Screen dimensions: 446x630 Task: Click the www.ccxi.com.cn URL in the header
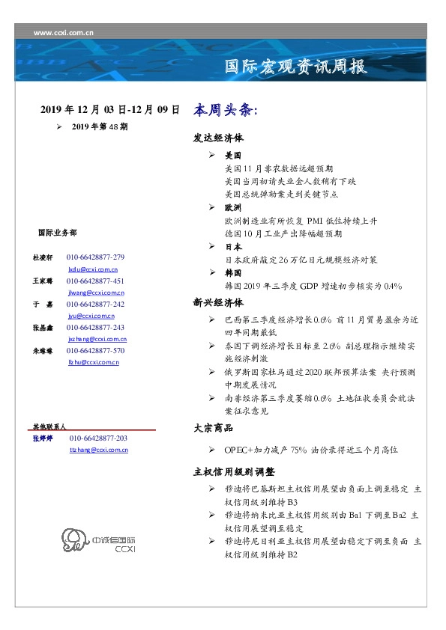point(64,32)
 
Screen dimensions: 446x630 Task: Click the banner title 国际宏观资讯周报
point(296,67)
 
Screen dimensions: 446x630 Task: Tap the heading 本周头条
point(225,110)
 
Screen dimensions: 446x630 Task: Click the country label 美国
point(233,156)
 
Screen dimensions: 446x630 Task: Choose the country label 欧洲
point(233,207)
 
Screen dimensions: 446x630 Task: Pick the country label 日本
point(233,246)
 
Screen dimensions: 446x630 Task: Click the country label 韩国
point(233,273)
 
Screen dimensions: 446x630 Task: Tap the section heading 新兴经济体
point(218,303)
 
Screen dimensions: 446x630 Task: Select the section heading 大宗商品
point(214,427)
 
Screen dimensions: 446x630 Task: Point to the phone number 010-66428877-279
point(95,257)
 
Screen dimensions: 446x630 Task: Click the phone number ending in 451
point(95,281)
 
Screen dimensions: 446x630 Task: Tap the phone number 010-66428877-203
point(98,438)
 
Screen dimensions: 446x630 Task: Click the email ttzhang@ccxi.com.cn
point(98,450)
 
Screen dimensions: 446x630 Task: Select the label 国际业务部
point(56,233)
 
